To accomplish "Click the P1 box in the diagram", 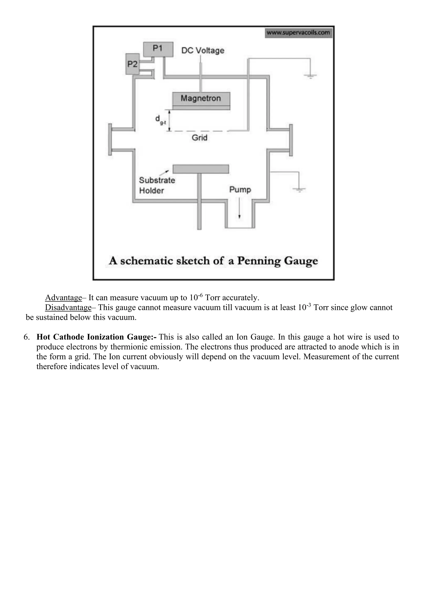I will (158, 49).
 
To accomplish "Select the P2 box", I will (132, 64).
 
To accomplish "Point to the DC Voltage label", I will (203, 50).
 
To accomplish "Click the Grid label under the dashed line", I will (199, 138).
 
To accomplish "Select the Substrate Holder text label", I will (157, 185).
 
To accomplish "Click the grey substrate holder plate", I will (201, 169).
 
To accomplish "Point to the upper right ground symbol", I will (310, 76).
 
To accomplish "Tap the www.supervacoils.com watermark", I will (298, 33).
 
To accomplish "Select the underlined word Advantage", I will (63, 298).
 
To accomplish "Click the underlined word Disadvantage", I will (68, 308).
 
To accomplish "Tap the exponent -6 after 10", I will (200, 295).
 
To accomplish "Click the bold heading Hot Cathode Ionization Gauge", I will (96, 337).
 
